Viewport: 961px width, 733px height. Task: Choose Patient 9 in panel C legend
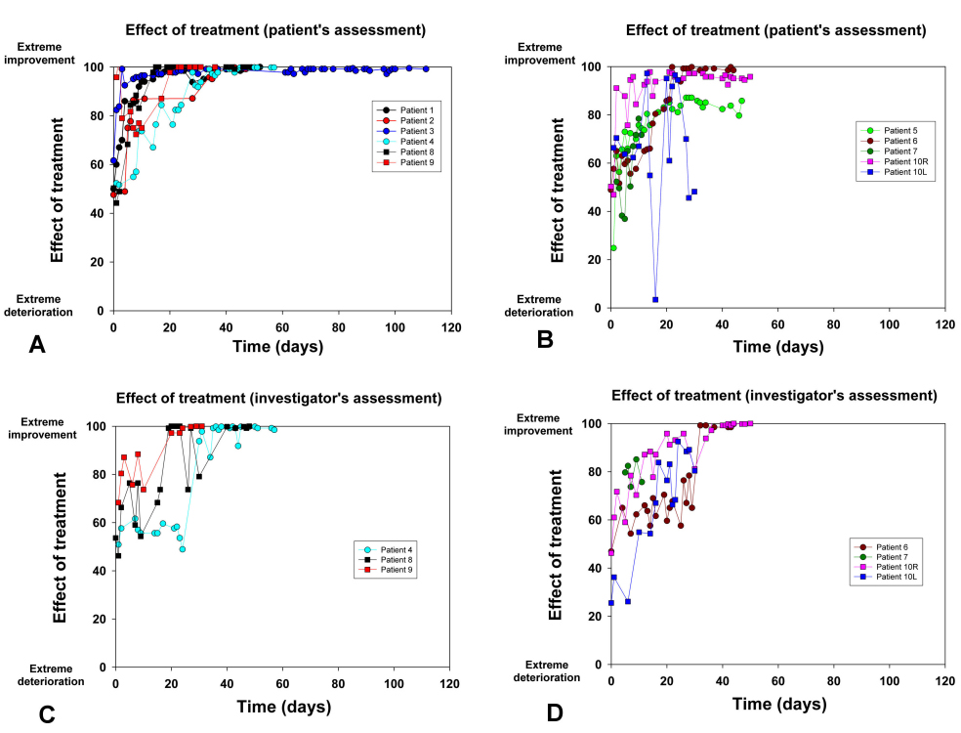(x=398, y=568)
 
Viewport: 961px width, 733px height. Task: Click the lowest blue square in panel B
(x=655, y=300)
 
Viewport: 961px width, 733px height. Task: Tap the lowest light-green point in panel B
(x=613, y=248)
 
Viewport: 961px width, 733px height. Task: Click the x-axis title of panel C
(x=281, y=706)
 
